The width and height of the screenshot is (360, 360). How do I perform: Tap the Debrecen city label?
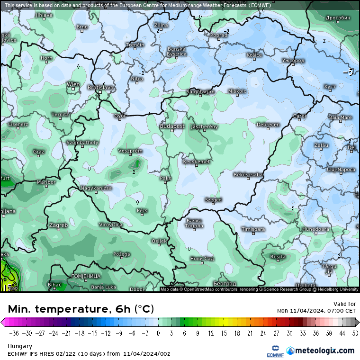(268, 125)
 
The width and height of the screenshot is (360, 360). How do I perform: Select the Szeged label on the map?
(213, 200)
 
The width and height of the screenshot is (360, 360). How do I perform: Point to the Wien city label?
(73, 84)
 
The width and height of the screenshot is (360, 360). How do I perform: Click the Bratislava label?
(101, 88)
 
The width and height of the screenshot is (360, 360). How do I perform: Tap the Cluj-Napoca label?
(341, 169)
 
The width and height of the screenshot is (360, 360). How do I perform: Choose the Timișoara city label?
(253, 229)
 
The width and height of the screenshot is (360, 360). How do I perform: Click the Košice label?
(254, 55)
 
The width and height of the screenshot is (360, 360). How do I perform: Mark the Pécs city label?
(142, 210)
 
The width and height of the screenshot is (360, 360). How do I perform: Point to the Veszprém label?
(130, 151)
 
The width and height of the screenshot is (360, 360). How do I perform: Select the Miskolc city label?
(237, 91)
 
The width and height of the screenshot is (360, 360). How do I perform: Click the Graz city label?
(39, 152)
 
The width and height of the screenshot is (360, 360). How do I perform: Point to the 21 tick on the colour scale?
(249, 333)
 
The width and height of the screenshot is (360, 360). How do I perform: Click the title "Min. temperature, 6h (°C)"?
(81, 309)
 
